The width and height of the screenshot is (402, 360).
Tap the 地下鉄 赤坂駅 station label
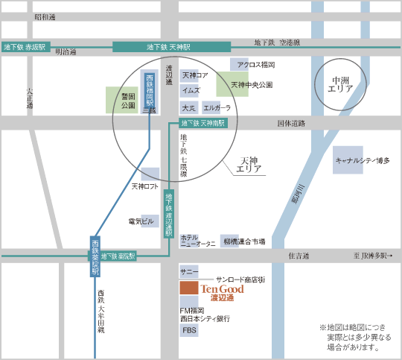coord(24,47)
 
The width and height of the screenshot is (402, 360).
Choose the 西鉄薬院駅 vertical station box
coord(95,258)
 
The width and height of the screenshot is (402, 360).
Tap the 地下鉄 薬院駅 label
coord(119,256)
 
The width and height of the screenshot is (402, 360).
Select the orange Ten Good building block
coord(188,288)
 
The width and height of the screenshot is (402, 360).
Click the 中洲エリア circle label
coord(342,83)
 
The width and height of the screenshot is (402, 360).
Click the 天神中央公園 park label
coord(252,85)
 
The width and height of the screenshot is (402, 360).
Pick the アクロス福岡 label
coord(256,65)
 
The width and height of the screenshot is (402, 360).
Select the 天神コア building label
coord(195,75)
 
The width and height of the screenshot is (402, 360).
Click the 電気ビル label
coord(141,221)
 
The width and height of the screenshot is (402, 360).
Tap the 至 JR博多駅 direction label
coord(373,256)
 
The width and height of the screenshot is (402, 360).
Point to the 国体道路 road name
coord(291,123)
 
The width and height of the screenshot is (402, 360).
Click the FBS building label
coord(189,329)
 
